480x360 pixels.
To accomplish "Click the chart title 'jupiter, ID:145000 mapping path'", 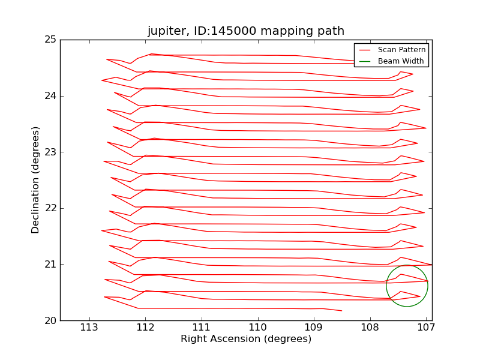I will point(246,31).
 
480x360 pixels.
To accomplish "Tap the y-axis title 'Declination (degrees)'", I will point(36,180).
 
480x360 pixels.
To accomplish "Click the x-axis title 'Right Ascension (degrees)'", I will point(246,339).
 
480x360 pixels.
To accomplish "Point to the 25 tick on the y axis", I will point(50,40).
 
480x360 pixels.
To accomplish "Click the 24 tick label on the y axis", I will point(50,96).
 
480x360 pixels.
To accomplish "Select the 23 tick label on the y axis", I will point(50,152).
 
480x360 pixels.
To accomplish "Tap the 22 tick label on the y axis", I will point(50,208).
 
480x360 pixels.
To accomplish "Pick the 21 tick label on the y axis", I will point(50,264).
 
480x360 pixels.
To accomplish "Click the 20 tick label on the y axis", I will point(50,320).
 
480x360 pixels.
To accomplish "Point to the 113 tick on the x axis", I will point(89,328).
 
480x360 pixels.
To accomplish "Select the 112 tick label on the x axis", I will point(145,328).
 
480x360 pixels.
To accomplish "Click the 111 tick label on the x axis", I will point(202,328).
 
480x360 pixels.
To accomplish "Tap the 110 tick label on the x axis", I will point(258,328).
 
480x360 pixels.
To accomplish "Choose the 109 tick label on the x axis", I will point(314,328).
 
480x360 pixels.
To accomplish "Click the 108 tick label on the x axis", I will point(370,328).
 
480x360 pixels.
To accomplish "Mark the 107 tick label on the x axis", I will point(426,328).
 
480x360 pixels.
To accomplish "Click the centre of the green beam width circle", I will point(407,286).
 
